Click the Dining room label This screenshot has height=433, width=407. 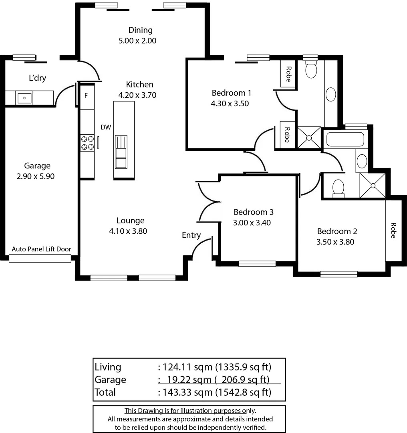pyautogui.click(x=140, y=30)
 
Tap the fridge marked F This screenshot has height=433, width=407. pyautogui.click(x=86, y=96)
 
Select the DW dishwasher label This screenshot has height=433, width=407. pyautogui.click(x=106, y=127)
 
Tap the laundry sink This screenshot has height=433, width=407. pyautogui.click(x=24, y=97)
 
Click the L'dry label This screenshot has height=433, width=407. pyautogui.click(x=37, y=78)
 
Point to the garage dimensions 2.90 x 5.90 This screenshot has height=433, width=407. pyautogui.click(x=37, y=176)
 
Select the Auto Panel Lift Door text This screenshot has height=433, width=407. pyautogui.click(x=41, y=249)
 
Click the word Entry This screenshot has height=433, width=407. pyautogui.click(x=191, y=235)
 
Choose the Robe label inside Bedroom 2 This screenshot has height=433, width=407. pyautogui.click(x=393, y=231)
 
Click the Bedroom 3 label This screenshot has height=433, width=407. pyautogui.click(x=253, y=212)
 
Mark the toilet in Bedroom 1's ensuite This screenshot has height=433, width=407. pyautogui.click(x=311, y=69)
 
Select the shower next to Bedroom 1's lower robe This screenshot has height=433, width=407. pyautogui.click(x=309, y=138)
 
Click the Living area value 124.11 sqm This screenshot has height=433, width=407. pyautogui.click(x=187, y=367)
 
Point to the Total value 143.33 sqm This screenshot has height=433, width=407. pyautogui.click(x=187, y=392)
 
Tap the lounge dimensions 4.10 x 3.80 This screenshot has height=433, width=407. pyautogui.click(x=130, y=231)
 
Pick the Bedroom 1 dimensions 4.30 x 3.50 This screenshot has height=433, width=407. pyautogui.click(x=231, y=103)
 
